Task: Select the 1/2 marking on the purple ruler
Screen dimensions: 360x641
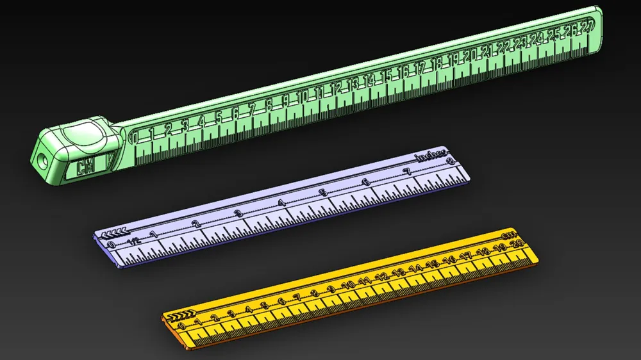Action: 133,240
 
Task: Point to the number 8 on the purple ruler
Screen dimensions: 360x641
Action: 451,161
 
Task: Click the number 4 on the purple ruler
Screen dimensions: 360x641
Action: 281,203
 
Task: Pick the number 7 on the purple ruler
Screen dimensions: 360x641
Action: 406,172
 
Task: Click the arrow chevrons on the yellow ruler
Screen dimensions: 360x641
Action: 178,315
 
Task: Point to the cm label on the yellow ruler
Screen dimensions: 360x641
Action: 510,235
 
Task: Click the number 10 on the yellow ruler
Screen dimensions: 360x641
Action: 349,284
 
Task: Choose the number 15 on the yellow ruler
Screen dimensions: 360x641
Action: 433,263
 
